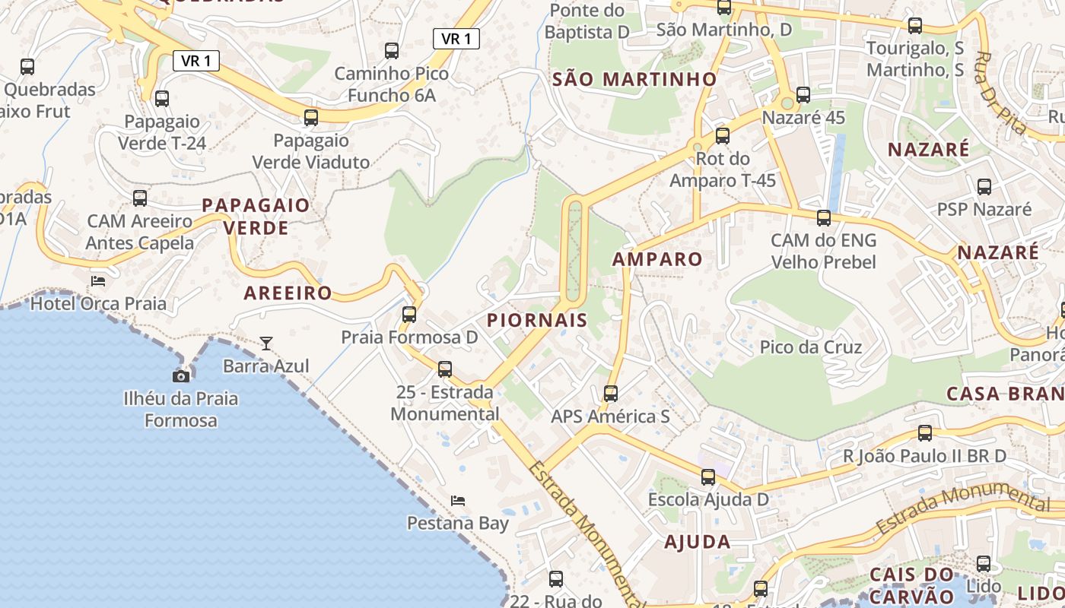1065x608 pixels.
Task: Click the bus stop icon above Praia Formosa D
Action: coord(409,314)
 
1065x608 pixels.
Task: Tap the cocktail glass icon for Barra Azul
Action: coord(266,344)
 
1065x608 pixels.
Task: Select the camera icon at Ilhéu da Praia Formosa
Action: coord(181,376)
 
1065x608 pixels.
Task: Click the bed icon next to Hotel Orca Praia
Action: coord(98,281)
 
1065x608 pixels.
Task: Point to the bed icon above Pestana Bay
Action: coord(458,500)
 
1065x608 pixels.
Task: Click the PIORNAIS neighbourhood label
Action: coord(537,320)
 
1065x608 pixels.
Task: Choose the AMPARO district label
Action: coord(657,259)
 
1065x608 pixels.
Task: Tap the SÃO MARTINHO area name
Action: coord(634,79)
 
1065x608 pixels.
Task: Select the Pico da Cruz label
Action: coord(811,347)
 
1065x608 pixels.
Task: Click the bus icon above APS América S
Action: coord(611,394)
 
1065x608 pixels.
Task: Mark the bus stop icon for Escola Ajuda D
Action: coord(708,477)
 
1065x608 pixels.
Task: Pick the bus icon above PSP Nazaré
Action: coord(984,187)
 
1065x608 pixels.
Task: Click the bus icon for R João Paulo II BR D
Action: coord(925,433)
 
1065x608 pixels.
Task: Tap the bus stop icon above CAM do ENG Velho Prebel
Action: coord(824,218)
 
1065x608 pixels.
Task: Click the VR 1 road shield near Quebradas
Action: coord(196,61)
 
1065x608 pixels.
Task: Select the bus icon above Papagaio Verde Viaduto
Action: coord(311,118)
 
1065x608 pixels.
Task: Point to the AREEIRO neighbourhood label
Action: coord(288,293)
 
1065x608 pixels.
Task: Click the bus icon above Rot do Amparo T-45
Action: coord(723,136)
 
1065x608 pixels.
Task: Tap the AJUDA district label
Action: coord(697,542)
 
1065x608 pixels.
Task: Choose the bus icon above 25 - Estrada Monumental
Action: coord(445,369)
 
